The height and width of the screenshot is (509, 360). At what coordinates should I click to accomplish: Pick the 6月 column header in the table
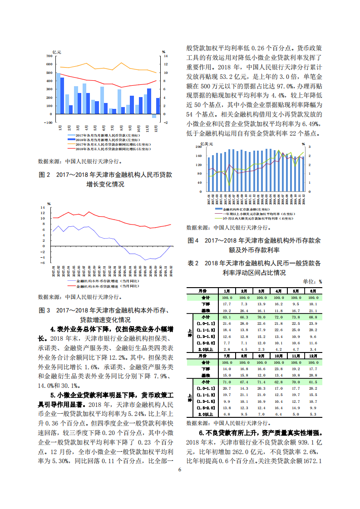coord(312,291)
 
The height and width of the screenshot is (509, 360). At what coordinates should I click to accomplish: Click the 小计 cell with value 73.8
coord(296,317)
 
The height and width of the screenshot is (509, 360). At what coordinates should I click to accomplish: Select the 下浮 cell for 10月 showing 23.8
coord(278,369)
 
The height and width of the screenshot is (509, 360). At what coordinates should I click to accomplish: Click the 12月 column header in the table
coord(312,357)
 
